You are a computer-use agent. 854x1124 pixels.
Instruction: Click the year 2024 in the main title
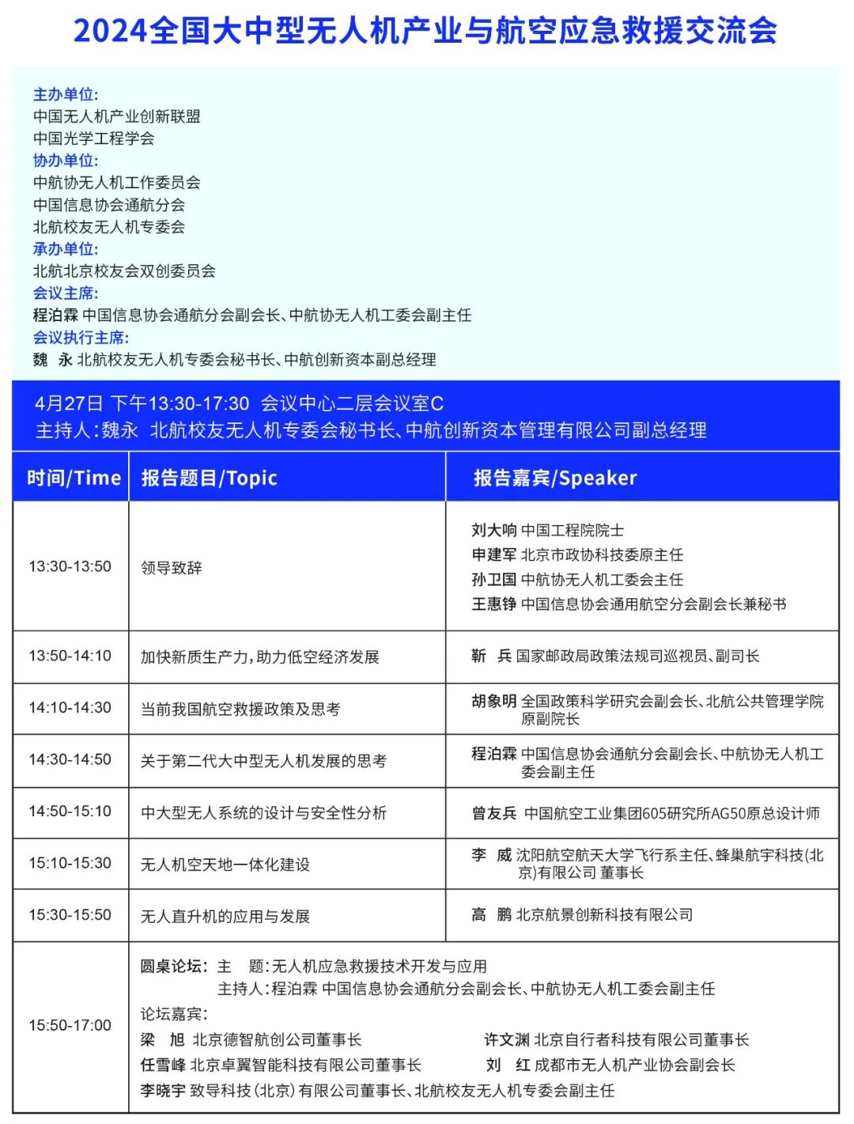pos(110,32)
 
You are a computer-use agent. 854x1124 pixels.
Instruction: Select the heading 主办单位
pos(65,95)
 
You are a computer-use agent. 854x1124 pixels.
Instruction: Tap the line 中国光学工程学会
pos(93,138)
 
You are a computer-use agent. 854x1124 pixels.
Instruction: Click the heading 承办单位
pos(65,249)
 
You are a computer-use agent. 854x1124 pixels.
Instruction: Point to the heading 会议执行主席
pos(81,338)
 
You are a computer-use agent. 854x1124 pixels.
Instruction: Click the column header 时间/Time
pos(74,478)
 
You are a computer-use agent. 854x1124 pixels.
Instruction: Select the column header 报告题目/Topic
pos(209,478)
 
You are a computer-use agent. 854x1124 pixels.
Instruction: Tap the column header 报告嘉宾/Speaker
pos(554,478)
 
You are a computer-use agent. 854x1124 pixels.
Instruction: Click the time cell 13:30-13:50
pos(70,566)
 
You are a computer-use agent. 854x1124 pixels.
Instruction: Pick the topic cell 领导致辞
pos(171,568)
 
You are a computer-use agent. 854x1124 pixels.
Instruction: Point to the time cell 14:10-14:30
pos(70,707)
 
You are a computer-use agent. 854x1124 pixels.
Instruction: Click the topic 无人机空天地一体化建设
pos(225,865)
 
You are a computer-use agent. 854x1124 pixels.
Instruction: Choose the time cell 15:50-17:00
pos(70,1025)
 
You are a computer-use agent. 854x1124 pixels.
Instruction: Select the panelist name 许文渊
pos(506,1039)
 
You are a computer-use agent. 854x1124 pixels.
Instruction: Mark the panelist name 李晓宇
pos(163,1090)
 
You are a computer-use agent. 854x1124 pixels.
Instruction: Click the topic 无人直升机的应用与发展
pos(225,916)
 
